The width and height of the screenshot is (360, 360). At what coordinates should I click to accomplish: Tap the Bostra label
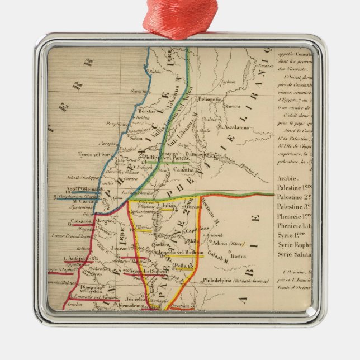point(238,257)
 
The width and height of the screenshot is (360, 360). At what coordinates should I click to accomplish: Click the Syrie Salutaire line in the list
point(293,254)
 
